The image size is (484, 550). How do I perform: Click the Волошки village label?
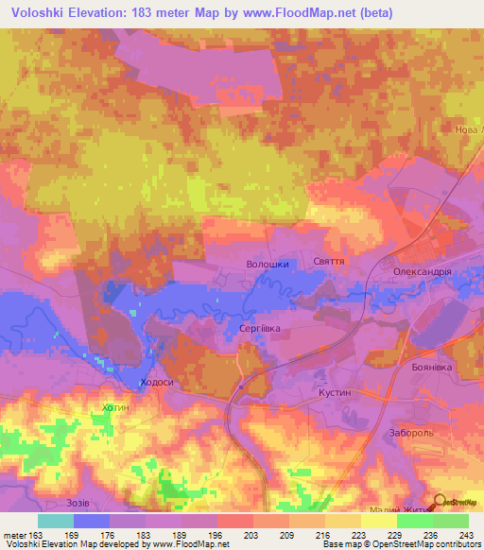coord(267,265)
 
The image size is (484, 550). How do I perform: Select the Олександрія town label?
coord(423,270)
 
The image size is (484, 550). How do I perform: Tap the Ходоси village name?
coord(156,382)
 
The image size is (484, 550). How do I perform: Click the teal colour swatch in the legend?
coord(56,521)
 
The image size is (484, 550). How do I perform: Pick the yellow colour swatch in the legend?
coord(379,521)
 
